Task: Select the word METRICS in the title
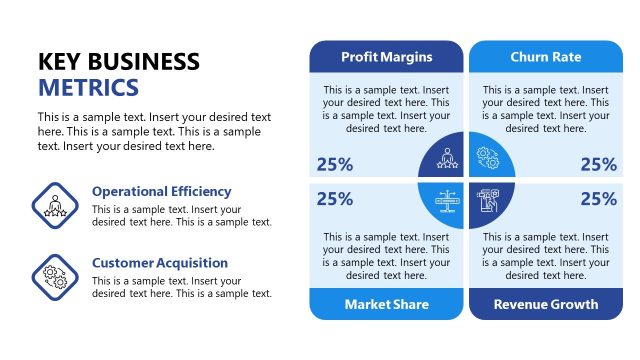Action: (88, 88)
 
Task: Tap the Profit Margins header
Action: (386, 56)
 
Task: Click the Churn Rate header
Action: (545, 56)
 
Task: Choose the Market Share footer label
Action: (386, 304)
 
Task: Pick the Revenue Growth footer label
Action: (546, 304)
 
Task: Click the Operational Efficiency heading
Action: (161, 191)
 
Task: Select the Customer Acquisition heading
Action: (160, 263)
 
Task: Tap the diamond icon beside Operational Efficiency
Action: (56, 205)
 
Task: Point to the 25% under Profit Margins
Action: (334, 165)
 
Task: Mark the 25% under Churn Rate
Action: (598, 165)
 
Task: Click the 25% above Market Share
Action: (334, 198)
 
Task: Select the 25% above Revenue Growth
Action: (598, 198)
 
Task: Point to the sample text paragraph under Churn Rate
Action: (545, 109)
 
